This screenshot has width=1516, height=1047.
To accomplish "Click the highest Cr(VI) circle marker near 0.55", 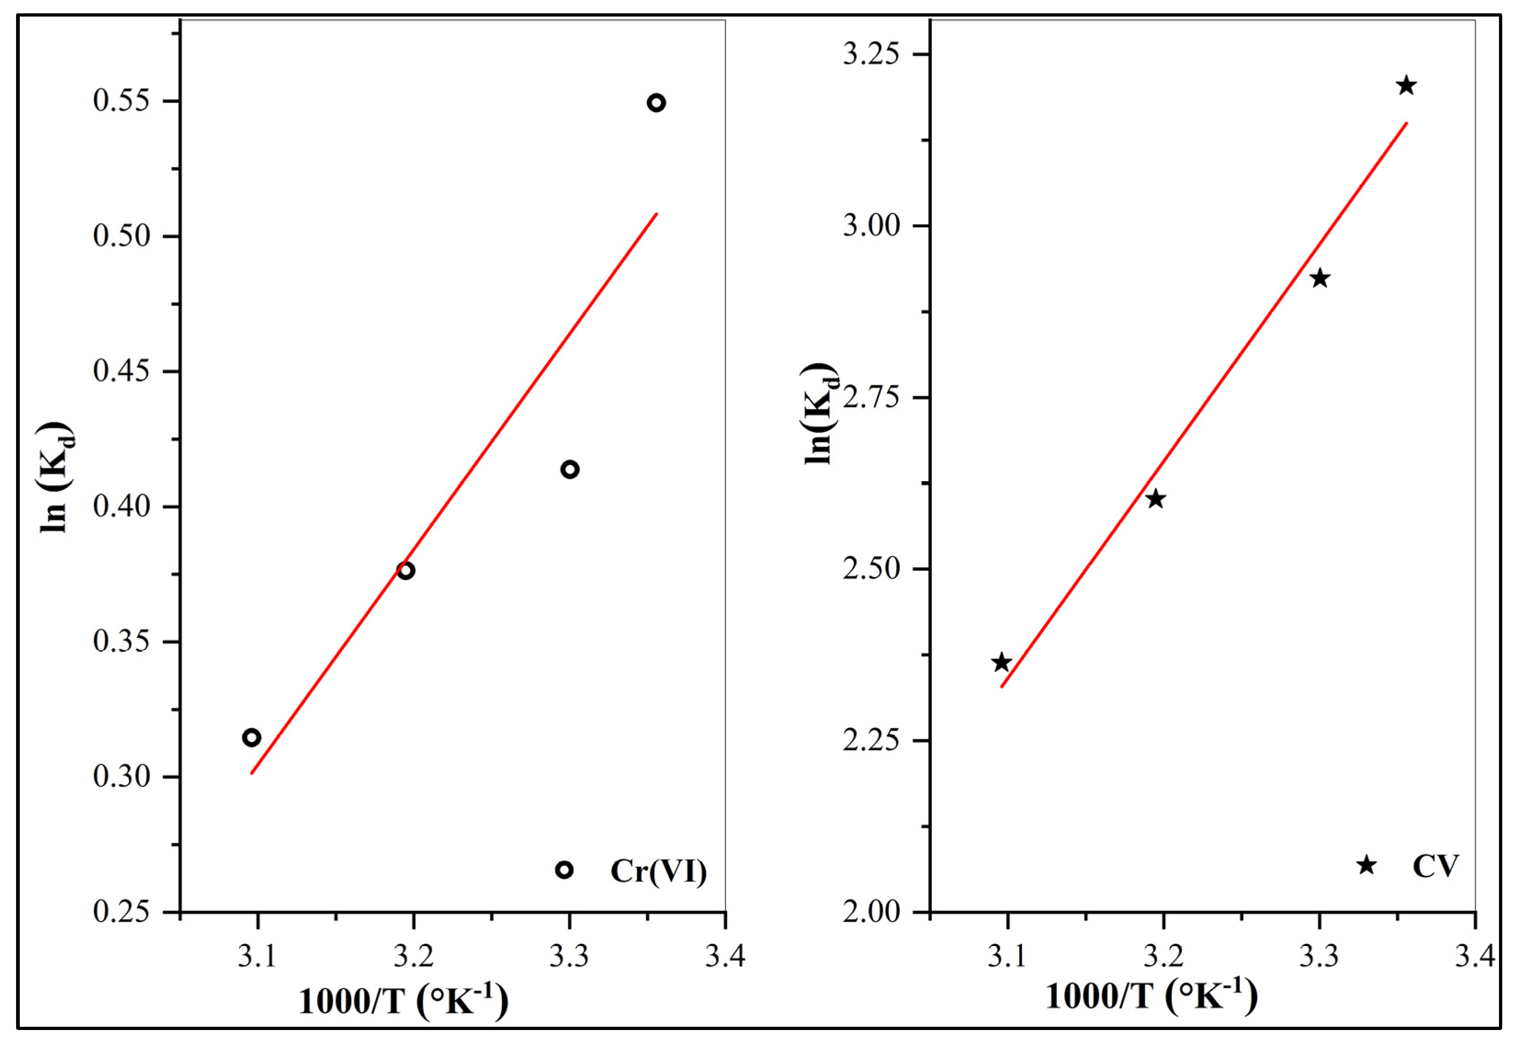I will pyautogui.click(x=656, y=103).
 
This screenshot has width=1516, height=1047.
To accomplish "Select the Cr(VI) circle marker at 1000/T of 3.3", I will pyautogui.click(x=570, y=469).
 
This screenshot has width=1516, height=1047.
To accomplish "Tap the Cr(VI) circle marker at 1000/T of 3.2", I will pyautogui.click(x=406, y=570).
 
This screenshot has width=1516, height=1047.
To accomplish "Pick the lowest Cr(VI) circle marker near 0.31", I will pyautogui.click(x=251, y=737).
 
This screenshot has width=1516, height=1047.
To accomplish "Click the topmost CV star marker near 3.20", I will pyautogui.click(x=1406, y=86).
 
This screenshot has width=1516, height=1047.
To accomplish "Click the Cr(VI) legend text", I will pyautogui.click(x=659, y=871).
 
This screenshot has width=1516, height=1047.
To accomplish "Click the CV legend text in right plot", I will pyautogui.click(x=1435, y=866).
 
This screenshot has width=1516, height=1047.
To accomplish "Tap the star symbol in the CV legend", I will pyautogui.click(x=1366, y=865).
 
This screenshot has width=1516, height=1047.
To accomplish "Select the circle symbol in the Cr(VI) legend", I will pyautogui.click(x=564, y=870).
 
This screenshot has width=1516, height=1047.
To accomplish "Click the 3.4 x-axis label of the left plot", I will pyautogui.click(x=725, y=956).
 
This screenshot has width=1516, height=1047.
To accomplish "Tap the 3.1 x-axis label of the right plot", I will pyautogui.click(x=1007, y=956).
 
